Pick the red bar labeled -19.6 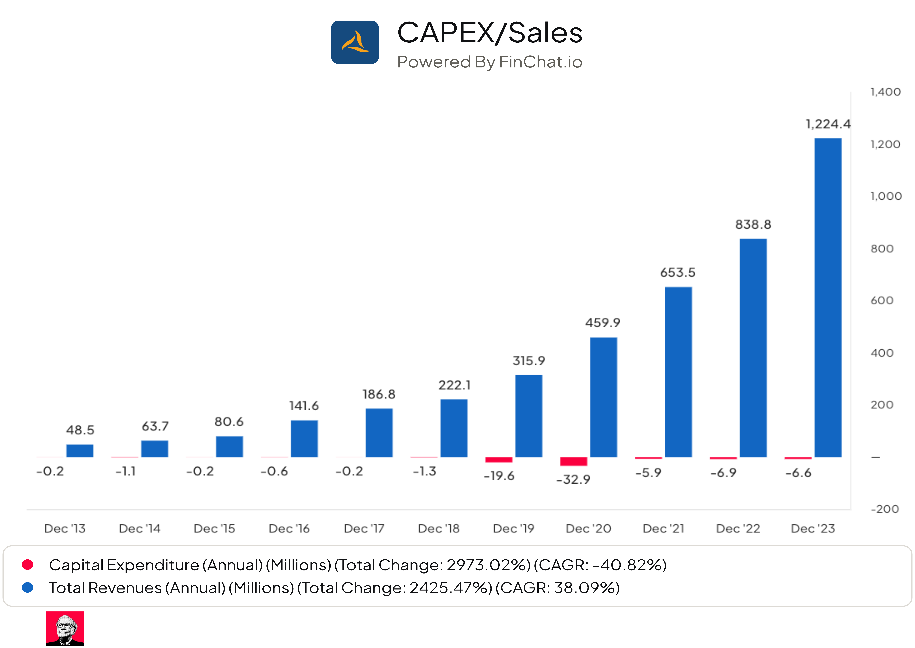498,460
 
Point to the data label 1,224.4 828,124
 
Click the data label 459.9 603,322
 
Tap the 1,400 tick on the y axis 885,92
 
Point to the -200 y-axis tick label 884,509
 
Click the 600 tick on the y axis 881,300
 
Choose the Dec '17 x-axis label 364,529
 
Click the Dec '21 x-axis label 663,529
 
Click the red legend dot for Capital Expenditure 28,565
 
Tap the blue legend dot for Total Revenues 28,587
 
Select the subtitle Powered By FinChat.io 490,62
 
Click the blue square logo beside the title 355,42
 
